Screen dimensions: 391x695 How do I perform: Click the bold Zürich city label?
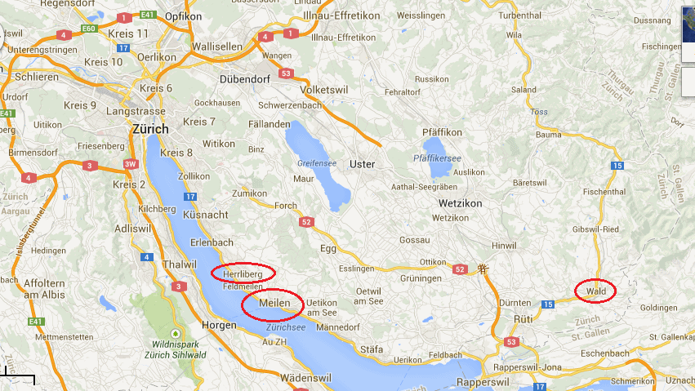[x=150, y=129]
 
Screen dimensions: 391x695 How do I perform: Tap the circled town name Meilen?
[x=272, y=304]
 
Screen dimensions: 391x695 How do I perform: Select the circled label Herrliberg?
[x=243, y=274]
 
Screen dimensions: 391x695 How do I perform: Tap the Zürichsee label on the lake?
[x=285, y=327]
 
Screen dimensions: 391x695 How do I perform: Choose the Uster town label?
[x=362, y=164]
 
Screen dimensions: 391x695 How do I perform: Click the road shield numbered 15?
[x=617, y=167]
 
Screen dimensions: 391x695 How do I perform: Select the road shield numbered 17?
[x=190, y=197]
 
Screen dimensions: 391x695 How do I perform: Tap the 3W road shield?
[x=130, y=165]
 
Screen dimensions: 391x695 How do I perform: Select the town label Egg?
[x=327, y=247]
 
